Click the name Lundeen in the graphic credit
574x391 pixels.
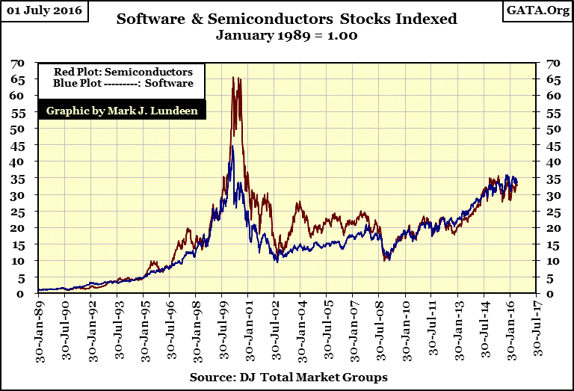click(173, 111)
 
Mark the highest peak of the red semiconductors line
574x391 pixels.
click(234, 77)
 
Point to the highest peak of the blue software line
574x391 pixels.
click(232, 147)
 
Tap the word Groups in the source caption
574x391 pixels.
click(365, 378)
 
